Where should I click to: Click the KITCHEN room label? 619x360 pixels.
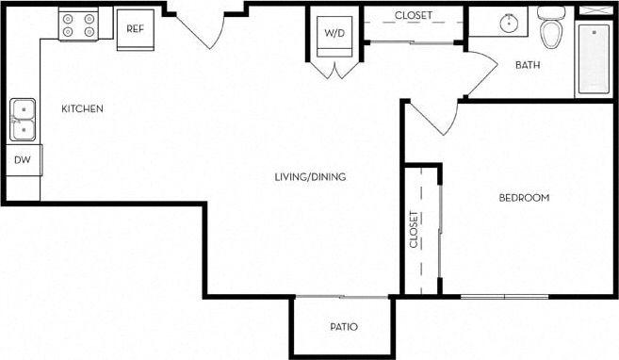82,109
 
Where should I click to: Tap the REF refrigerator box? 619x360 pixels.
134,28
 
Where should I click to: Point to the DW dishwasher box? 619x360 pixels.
23,160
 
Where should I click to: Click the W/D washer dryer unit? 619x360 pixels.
334,33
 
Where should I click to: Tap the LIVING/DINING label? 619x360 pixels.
309,176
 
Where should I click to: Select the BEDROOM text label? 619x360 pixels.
523,198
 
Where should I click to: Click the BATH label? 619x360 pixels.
527,65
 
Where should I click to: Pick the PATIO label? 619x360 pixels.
343,327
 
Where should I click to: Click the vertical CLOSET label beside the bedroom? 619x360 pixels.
414,229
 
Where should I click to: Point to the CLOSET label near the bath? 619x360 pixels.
413,15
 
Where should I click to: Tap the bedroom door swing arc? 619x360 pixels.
432,117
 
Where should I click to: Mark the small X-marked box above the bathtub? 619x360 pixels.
593,9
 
